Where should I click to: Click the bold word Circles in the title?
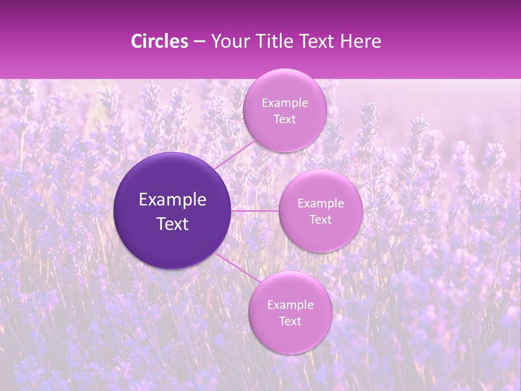[x=160, y=41]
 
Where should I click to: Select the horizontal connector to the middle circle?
[x=255, y=210]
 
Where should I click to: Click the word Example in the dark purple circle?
[x=173, y=200]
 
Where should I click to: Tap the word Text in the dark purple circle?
[x=173, y=224]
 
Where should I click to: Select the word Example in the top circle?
[x=285, y=103]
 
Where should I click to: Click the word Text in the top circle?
[x=284, y=119]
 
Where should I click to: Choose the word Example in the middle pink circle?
[x=321, y=204]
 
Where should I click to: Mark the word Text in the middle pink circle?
[x=320, y=220]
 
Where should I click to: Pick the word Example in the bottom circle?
[x=290, y=305]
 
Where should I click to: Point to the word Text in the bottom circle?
[x=290, y=321]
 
